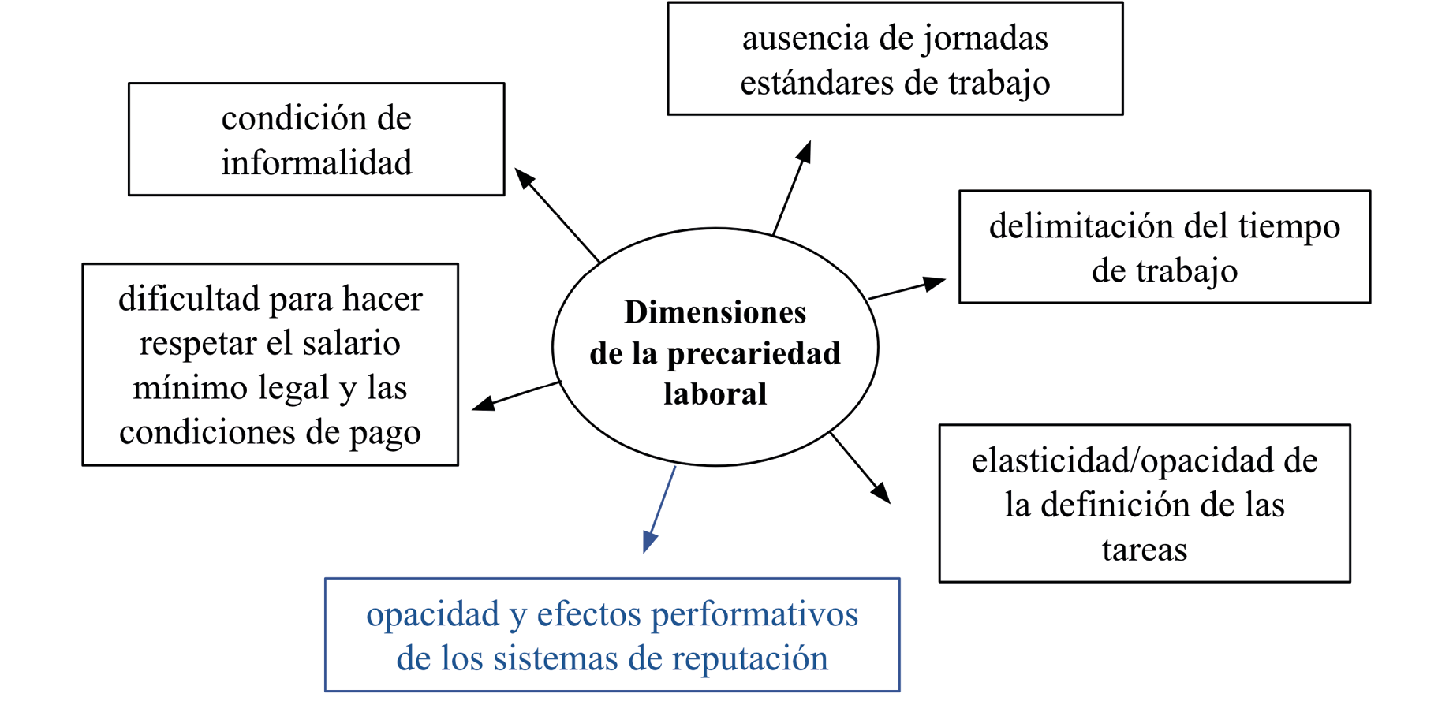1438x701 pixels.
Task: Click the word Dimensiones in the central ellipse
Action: tap(715, 312)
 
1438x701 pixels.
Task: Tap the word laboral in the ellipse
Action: tap(715, 393)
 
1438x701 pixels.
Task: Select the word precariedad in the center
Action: tap(753, 353)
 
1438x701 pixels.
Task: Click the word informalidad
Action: tap(316, 162)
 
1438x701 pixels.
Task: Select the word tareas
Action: tap(1144, 550)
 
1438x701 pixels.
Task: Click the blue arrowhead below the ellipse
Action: tap(649, 541)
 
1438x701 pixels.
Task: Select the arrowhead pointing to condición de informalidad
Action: tap(524, 177)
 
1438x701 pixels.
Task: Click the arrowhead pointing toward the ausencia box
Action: tap(804, 151)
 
